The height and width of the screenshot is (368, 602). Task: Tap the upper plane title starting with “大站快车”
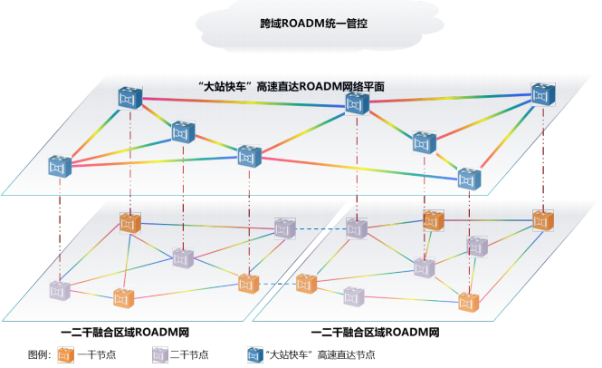291,86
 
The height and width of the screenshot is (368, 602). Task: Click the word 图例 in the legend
40,354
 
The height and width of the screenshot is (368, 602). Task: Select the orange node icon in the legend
65,354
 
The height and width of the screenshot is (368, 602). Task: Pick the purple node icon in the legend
158,354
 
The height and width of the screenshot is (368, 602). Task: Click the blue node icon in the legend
254,354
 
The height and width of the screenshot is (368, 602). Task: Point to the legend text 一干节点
94,354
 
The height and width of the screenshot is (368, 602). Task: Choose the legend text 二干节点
187,354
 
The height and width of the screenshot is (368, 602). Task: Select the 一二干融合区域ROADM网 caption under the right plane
374,333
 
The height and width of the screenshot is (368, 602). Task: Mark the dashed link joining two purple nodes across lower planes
320,228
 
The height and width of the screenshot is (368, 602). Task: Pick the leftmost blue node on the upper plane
61,166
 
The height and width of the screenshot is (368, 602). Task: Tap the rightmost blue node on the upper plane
541,94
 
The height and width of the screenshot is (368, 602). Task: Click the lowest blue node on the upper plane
467,179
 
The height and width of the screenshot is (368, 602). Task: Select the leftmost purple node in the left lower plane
60,290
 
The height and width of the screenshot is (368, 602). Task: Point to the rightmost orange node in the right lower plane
542,220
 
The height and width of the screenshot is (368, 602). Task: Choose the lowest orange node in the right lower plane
467,302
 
